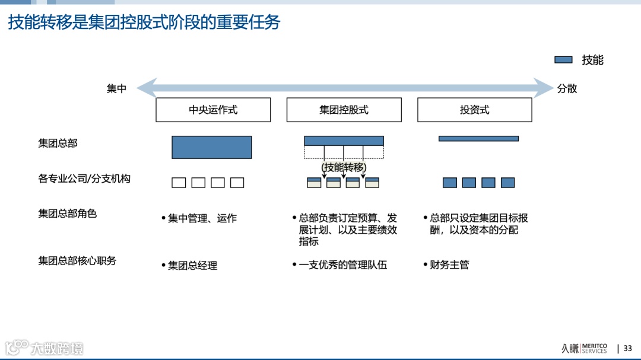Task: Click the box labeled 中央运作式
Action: pos(213,110)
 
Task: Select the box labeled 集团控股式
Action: pos(344,110)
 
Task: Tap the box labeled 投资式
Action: pos(474,110)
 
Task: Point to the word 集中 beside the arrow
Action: pos(116,89)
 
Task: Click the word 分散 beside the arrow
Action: pos(567,89)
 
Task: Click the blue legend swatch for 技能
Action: pos(563,60)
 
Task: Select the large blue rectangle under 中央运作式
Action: pos(211,147)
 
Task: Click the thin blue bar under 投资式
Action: pos(478,139)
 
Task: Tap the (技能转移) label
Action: pos(344,167)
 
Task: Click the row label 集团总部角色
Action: pos(67,214)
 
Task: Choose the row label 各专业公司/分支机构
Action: pos(84,179)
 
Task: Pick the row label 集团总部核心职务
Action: pos(77,260)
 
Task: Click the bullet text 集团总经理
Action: pos(192,266)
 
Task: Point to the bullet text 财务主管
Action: pos(449,265)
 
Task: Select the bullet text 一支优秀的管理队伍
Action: pos(342,265)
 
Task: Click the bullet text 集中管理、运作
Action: pos(202,218)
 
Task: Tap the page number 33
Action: pos(627,349)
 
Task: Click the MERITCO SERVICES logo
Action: pos(584,348)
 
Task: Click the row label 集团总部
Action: pos(58,143)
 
